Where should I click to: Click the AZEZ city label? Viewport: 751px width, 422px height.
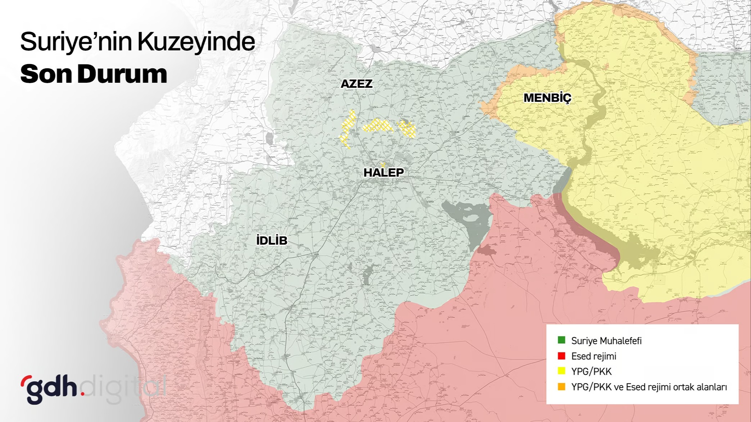[356, 84]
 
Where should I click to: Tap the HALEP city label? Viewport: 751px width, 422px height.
[383, 173]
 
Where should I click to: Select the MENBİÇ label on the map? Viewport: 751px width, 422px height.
[547, 98]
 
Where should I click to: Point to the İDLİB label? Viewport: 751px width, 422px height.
[272, 240]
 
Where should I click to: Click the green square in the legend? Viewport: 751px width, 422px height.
[561, 340]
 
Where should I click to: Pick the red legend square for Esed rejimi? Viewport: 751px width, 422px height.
[561, 356]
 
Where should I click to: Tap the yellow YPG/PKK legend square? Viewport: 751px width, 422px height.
[561, 371]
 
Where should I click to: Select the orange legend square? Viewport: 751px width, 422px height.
[561, 387]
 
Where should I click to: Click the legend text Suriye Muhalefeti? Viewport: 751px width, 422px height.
[606, 341]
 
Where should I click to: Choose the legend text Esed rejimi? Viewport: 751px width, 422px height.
[593, 356]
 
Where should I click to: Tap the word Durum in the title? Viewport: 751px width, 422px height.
[122, 74]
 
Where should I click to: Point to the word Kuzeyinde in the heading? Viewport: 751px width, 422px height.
[196, 42]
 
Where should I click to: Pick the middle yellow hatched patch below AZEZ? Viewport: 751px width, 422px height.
[378, 126]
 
